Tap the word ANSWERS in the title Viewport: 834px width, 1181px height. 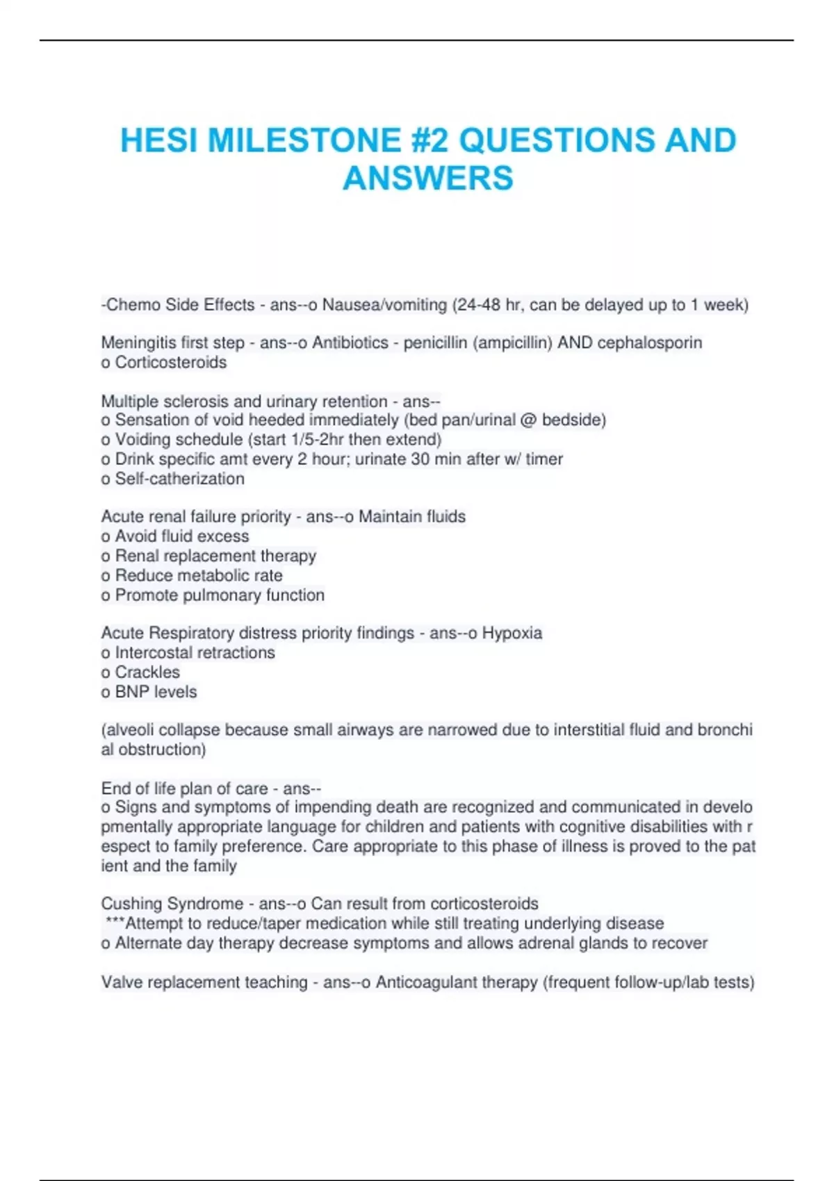(428, 178)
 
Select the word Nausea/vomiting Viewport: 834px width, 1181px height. (384, 305)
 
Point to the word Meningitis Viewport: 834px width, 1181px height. (136, 342)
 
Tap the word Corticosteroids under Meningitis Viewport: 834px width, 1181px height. (171, 362)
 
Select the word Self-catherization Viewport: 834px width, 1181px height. (179, 479)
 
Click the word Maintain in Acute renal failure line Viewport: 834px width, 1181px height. (390, 516)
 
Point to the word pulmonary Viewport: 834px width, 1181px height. (213, 595)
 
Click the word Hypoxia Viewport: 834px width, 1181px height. (512, 633)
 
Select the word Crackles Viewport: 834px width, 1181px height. (147, 672)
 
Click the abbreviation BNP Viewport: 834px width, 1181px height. (133, 692)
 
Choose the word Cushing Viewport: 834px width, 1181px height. (130, 903)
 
